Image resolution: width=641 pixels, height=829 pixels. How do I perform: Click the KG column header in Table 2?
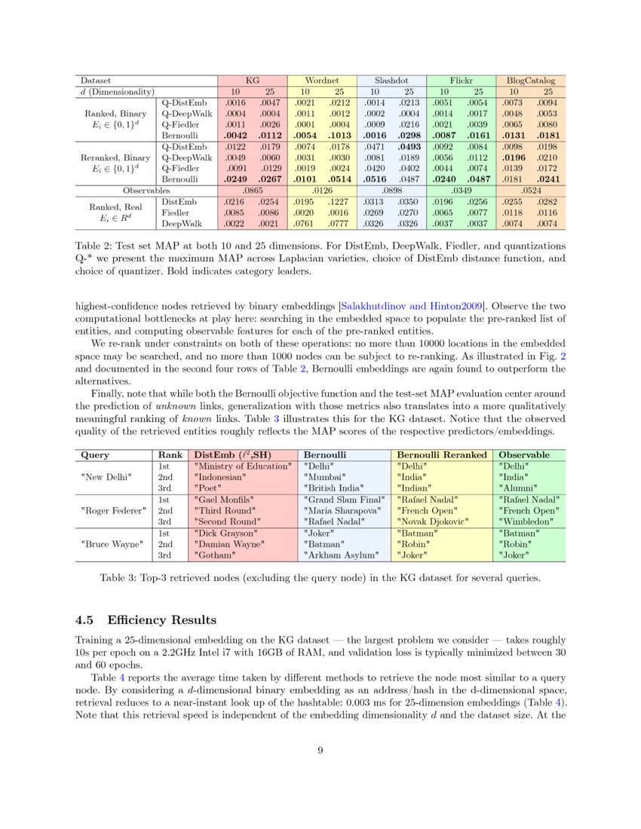pos(252,79)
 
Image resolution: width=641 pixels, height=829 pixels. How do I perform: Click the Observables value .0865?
pos(252,191)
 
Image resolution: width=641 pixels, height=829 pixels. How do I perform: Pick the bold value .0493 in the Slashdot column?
pos(409,146)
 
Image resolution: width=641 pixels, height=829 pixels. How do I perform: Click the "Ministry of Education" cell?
pos(242,467)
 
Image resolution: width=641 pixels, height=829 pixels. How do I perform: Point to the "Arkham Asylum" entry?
pos(336,555)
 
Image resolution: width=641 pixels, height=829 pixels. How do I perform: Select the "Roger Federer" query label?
pos(113,510)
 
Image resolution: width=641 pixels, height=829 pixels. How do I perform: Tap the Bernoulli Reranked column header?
pos(441,455)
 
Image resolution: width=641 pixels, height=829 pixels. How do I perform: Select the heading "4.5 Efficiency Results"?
pos(146,620)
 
